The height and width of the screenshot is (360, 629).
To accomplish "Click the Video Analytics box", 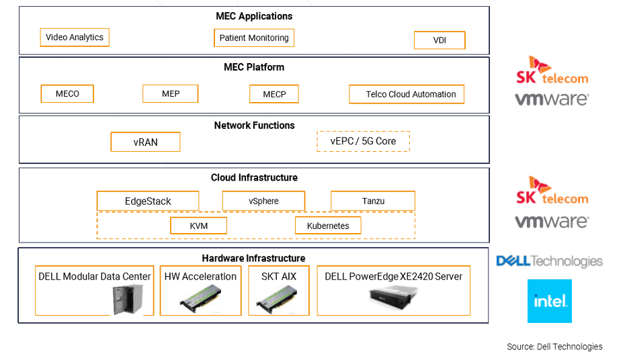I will click(75, 38).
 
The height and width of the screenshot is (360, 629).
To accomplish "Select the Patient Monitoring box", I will click(254, 38).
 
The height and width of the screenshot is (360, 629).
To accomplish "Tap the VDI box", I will click(439, 40).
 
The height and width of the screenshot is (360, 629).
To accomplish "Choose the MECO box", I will click(67, 94).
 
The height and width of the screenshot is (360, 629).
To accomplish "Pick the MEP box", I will click(171, 94).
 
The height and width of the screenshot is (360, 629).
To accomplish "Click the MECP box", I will click(274, 95).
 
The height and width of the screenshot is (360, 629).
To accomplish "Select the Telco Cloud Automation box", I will click(407, 95).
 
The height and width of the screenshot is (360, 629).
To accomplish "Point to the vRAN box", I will click(145, 142).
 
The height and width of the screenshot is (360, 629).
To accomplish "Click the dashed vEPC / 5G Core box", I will click(363, 141).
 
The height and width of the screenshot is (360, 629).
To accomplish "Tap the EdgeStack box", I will click(148, 201).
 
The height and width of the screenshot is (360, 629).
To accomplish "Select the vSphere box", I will click(263, 201).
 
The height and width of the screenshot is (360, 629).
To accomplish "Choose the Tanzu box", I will click(372, 201).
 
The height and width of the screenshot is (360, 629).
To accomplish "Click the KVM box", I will click(198, 226).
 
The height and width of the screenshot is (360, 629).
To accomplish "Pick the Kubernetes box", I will click(328, 226).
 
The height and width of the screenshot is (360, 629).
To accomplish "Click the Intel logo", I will click(550, 301).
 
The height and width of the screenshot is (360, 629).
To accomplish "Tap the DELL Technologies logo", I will click(549, 261).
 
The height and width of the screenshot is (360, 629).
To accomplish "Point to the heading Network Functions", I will click(254, 126).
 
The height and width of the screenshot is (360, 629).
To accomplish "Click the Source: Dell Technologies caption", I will click(554, 347).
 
